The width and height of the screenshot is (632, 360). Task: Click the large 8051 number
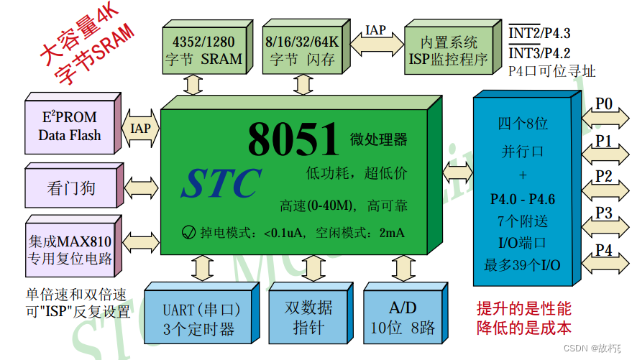click(x=293, y=138)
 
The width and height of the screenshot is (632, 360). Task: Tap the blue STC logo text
click(x=221, y=184)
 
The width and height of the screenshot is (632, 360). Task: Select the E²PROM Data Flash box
click(x=70, y=125)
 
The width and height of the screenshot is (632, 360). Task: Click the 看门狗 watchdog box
click(x=70, y=189)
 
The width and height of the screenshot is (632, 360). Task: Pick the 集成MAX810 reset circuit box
click(x=70, y=249)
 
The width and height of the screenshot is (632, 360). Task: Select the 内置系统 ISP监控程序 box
click(x=448, y=50)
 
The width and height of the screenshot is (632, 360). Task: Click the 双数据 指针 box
click(x=308, y=316)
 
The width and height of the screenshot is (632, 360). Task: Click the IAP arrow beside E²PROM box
click(x=140, y=128)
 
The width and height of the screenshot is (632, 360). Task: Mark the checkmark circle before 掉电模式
click(x=189, y=232)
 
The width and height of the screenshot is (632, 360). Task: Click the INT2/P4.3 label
click(x=540, y=34)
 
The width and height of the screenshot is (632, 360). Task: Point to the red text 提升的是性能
click(x=524, y=309)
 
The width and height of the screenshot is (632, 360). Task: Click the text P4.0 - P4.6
click(x=523, y=199)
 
